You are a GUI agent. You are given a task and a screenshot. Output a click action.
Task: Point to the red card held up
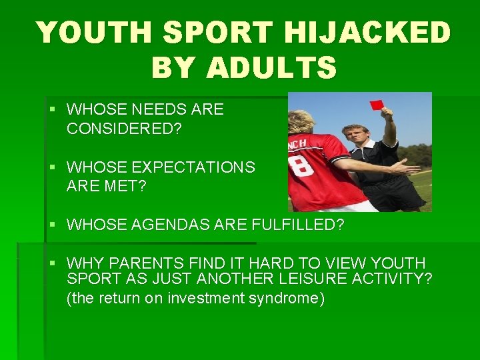[377, 104]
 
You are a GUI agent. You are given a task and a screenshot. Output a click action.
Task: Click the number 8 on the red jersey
[306, 164]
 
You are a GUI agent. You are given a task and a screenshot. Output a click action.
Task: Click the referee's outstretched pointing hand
[407, 167]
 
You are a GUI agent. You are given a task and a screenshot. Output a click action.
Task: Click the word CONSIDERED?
[124, 129]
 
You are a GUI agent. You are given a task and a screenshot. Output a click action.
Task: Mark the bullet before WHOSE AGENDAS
[54, 225]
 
